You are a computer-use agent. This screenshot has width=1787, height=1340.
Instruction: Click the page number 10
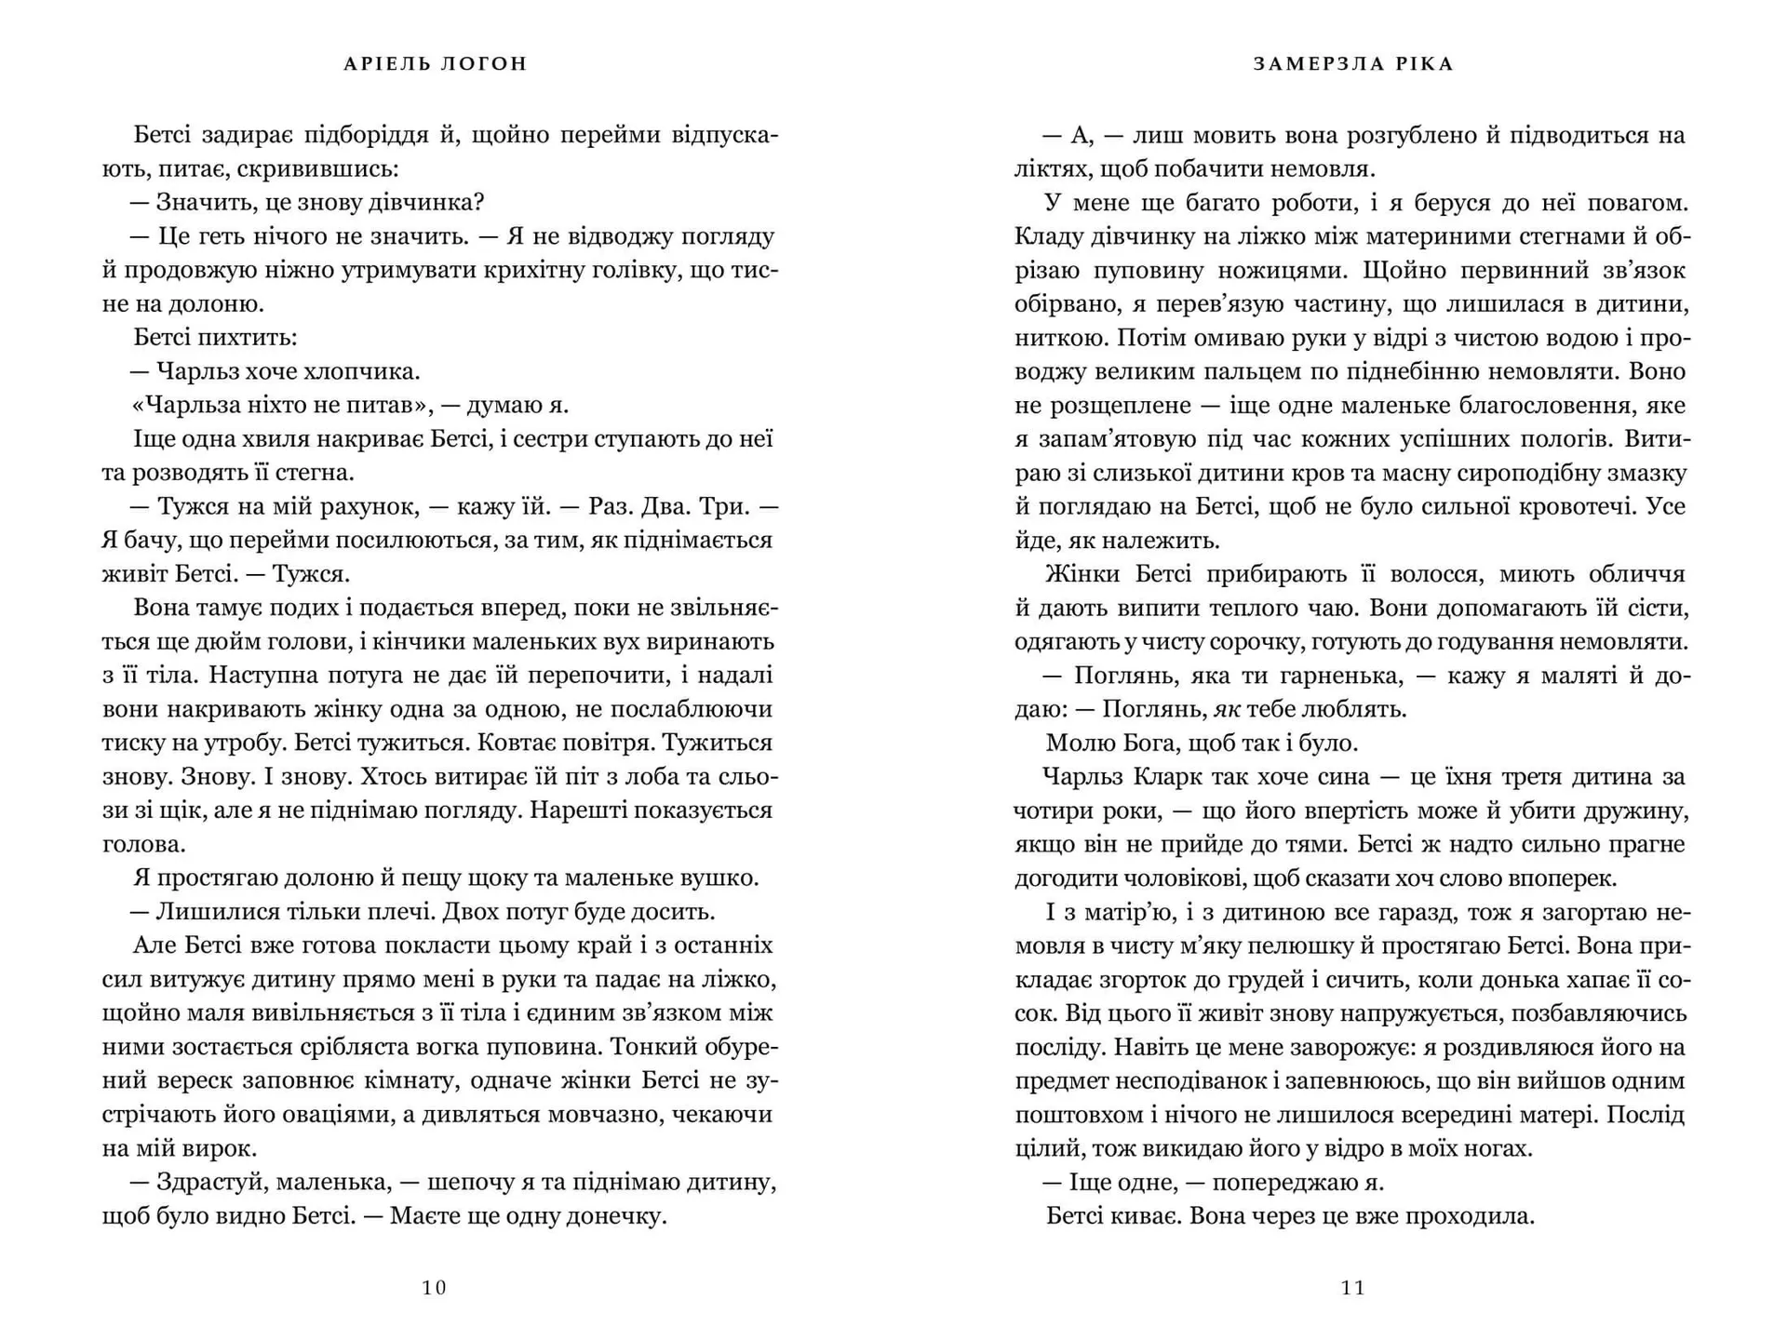coord(435,1288)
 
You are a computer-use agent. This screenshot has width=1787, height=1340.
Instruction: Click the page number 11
coord(1352,1288)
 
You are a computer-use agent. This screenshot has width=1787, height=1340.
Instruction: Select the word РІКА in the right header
coord(1423,64)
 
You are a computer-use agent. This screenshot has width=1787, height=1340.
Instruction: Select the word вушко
coord(721,878)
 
